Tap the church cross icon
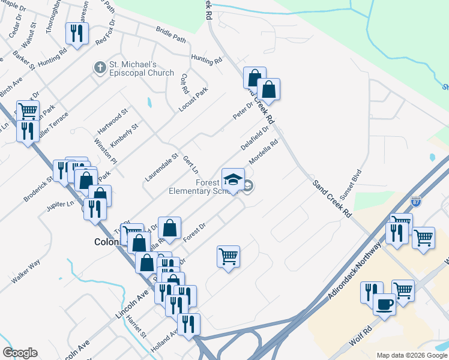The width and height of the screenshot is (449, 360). [99, 68]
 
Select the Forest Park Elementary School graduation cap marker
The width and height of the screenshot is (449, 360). [234, 179]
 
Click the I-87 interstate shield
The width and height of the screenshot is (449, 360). [415, 202]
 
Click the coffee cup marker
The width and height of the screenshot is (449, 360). [384, 304]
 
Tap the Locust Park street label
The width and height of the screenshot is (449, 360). [193, 100]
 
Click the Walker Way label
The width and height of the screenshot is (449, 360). [25, 271]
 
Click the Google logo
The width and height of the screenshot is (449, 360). [20, 353]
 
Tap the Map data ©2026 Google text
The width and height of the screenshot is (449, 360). [412, 355]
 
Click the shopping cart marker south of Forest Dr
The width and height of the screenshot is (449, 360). [228, 257]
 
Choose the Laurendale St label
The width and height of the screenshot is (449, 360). [161, 167]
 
